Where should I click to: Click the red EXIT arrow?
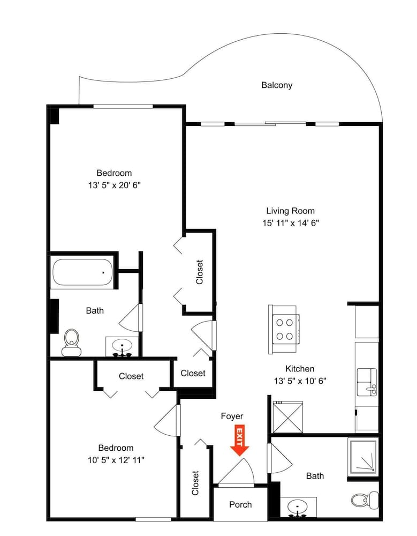point(239,440)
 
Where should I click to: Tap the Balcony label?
point(277,85)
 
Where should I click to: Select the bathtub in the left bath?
point(82,272)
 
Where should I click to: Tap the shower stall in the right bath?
point(363,456)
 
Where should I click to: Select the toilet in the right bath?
point(365,501)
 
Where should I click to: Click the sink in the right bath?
point(298,507)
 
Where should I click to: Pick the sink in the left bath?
point(122,347)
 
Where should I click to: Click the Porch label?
point(240,504)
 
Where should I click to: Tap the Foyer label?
point(232,416)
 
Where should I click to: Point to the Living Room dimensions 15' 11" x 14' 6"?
point(291,223)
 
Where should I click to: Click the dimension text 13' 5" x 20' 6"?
point(115,185)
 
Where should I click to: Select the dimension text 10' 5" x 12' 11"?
point(116,460)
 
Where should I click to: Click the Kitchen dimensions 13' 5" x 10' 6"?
point(300,381)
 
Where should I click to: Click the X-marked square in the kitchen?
point(287,418)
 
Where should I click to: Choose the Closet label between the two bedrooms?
point(131,376)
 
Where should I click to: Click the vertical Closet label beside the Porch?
point(195,483)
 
